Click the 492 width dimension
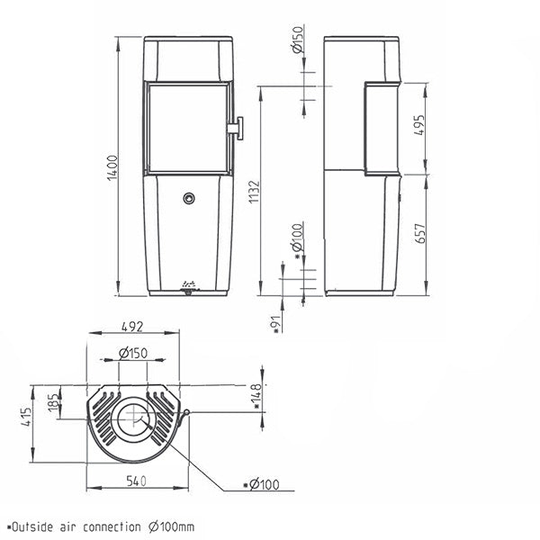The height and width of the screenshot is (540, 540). click(134, 328)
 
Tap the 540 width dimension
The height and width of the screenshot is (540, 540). click(135, 483)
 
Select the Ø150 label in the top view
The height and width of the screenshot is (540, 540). click(133, 353)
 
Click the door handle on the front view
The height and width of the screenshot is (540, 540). click(236, 128)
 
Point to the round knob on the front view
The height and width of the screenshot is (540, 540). click(189, 197)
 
